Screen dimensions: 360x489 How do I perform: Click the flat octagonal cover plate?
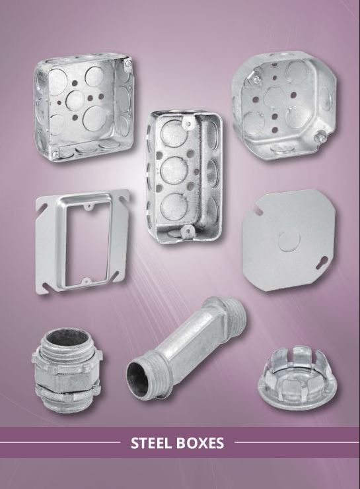click(x=289, y=240)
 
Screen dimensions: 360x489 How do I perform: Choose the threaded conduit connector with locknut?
click(x=68, y=370)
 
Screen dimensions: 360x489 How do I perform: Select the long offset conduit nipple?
click(x=186, y=348)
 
